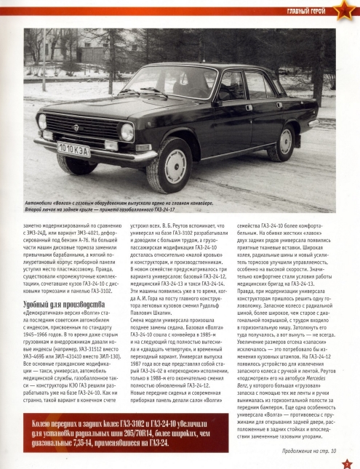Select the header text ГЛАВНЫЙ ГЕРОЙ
pos(300,10)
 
